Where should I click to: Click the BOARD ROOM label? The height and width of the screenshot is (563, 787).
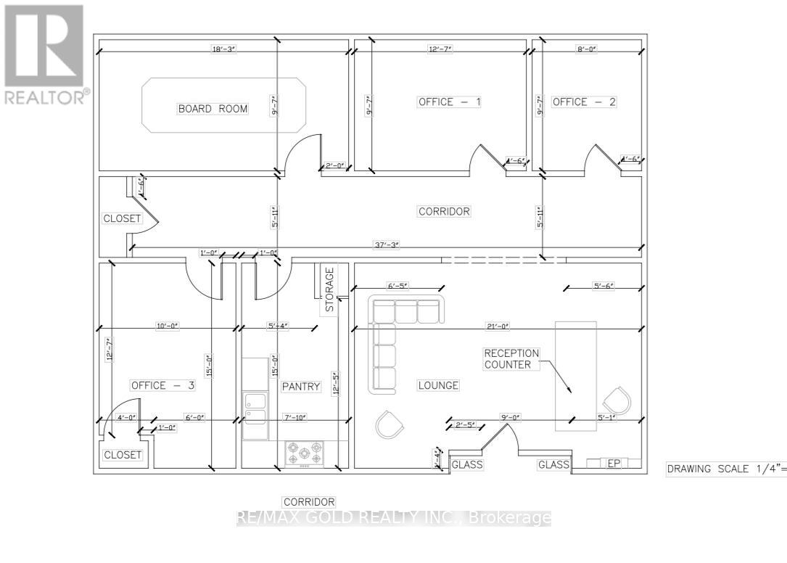[x=213, y=109]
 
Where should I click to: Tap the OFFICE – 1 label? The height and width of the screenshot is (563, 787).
[x=449, y=102]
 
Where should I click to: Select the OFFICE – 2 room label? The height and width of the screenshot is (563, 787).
[x=584, y=102]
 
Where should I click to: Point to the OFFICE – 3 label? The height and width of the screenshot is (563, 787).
[x=162, y=385]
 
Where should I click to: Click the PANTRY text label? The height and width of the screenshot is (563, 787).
[x=301, y=387]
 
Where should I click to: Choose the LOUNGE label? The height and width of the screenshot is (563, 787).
[x=438, y=385]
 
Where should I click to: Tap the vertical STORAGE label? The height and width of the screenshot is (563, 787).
[x=330, y=289]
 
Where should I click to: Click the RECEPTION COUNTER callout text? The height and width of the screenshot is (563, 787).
[x=511, y=358]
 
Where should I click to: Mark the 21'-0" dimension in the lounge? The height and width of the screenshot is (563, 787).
[x=495, y=326]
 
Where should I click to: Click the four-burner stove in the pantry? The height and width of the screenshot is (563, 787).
[x=305, y=455]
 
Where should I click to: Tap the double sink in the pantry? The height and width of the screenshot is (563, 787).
[x=254, y=408]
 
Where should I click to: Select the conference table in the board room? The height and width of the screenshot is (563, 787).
[x=223, y=106]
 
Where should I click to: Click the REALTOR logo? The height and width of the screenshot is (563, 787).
[x=44, y=54]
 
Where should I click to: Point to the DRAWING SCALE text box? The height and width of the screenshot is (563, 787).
[x=726, y=469]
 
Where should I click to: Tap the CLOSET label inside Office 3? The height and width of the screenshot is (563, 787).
[x=123, y=455]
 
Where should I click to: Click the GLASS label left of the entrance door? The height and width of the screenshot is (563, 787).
[x=467, y=464]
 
